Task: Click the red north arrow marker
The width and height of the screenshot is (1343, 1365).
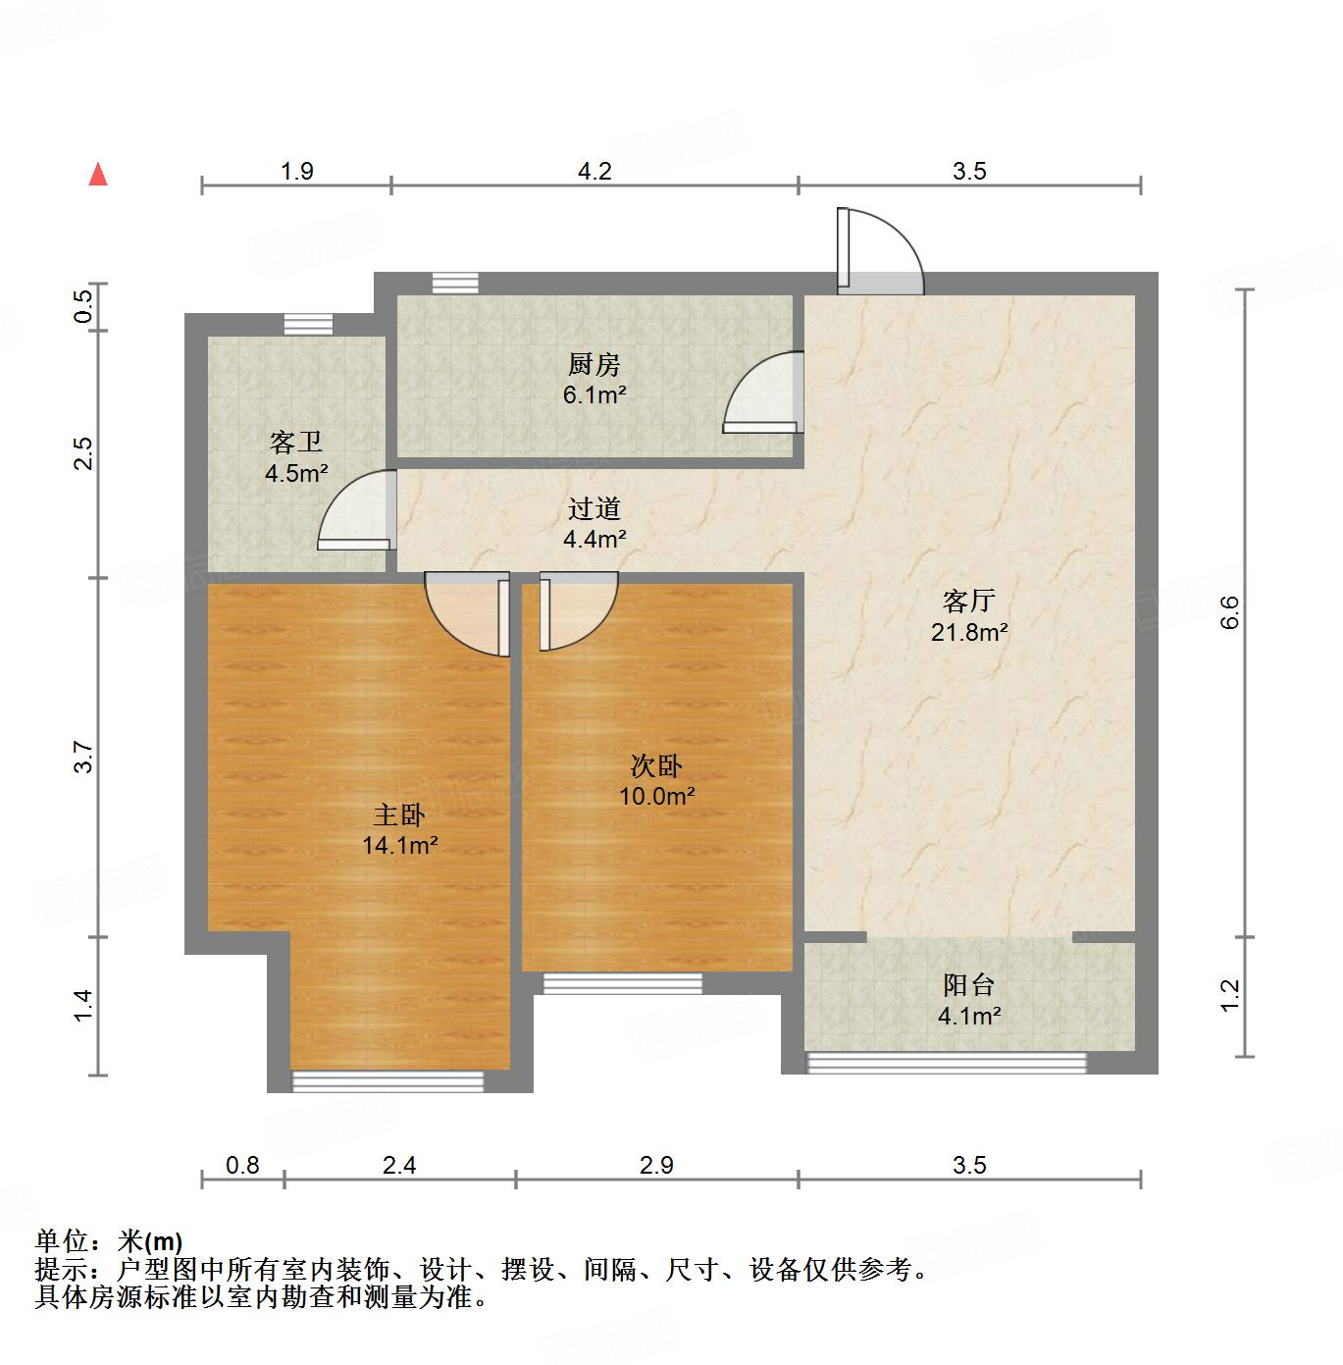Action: click(98, 175)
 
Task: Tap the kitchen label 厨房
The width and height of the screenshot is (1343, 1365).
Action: click(594, 365)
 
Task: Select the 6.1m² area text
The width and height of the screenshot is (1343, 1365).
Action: click(594, 395)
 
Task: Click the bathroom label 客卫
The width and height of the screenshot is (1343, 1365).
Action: click(295, 443)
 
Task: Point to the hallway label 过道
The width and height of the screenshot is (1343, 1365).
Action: click(594, 508)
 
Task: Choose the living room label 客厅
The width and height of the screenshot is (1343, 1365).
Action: click(969, 601)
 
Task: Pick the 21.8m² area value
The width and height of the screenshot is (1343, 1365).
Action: click(969, 633)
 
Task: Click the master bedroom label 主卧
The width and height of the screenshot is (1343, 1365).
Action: click(399, 814)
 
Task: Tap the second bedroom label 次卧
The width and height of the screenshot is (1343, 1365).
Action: click(656, 765)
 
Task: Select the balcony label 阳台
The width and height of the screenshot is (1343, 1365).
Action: click(969, 984)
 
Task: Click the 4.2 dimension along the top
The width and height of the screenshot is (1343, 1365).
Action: click(594, 172)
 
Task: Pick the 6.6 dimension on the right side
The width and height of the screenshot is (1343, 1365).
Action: click(1232, 613)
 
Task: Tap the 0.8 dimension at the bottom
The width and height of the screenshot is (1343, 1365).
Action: click(242, 1165)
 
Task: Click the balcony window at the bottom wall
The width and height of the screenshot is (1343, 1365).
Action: click(947, 1062)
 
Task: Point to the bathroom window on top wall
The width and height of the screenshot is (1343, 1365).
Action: click(308, 324)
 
